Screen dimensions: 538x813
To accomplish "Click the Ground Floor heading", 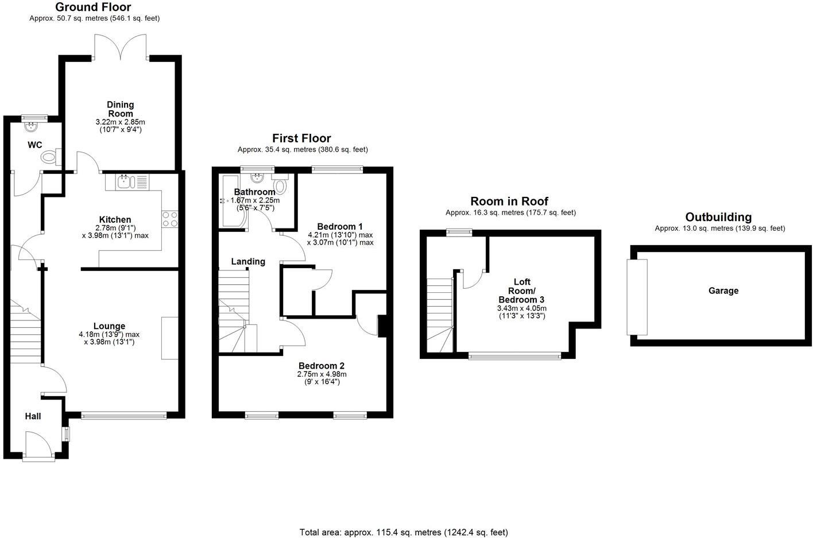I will point(93,7).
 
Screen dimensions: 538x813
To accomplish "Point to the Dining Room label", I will point(121,109).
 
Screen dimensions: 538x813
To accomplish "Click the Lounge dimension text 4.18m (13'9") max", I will point(109,334).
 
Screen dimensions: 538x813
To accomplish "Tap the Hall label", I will point(33,416).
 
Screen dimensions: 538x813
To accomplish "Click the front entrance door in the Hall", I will point(38,446).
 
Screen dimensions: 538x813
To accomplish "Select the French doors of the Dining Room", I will point(121,47).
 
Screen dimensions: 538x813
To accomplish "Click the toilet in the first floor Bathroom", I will point(281,185).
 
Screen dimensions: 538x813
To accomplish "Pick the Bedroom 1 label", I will point(340,226).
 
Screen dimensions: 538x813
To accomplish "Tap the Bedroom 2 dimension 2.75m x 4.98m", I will point(322,374).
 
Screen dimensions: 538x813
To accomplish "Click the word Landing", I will point(248,262).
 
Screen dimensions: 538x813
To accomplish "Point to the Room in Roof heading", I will point(509,201).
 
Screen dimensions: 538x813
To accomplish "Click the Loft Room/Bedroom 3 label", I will point(521,291).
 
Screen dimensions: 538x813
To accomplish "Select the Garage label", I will point(723,291).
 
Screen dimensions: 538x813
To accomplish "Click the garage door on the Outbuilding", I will point(637,297).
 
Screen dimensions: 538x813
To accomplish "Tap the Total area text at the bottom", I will point(404,532).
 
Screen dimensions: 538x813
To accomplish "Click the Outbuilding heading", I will point(718,217).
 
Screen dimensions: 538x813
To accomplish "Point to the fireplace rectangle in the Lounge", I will point(169,338).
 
